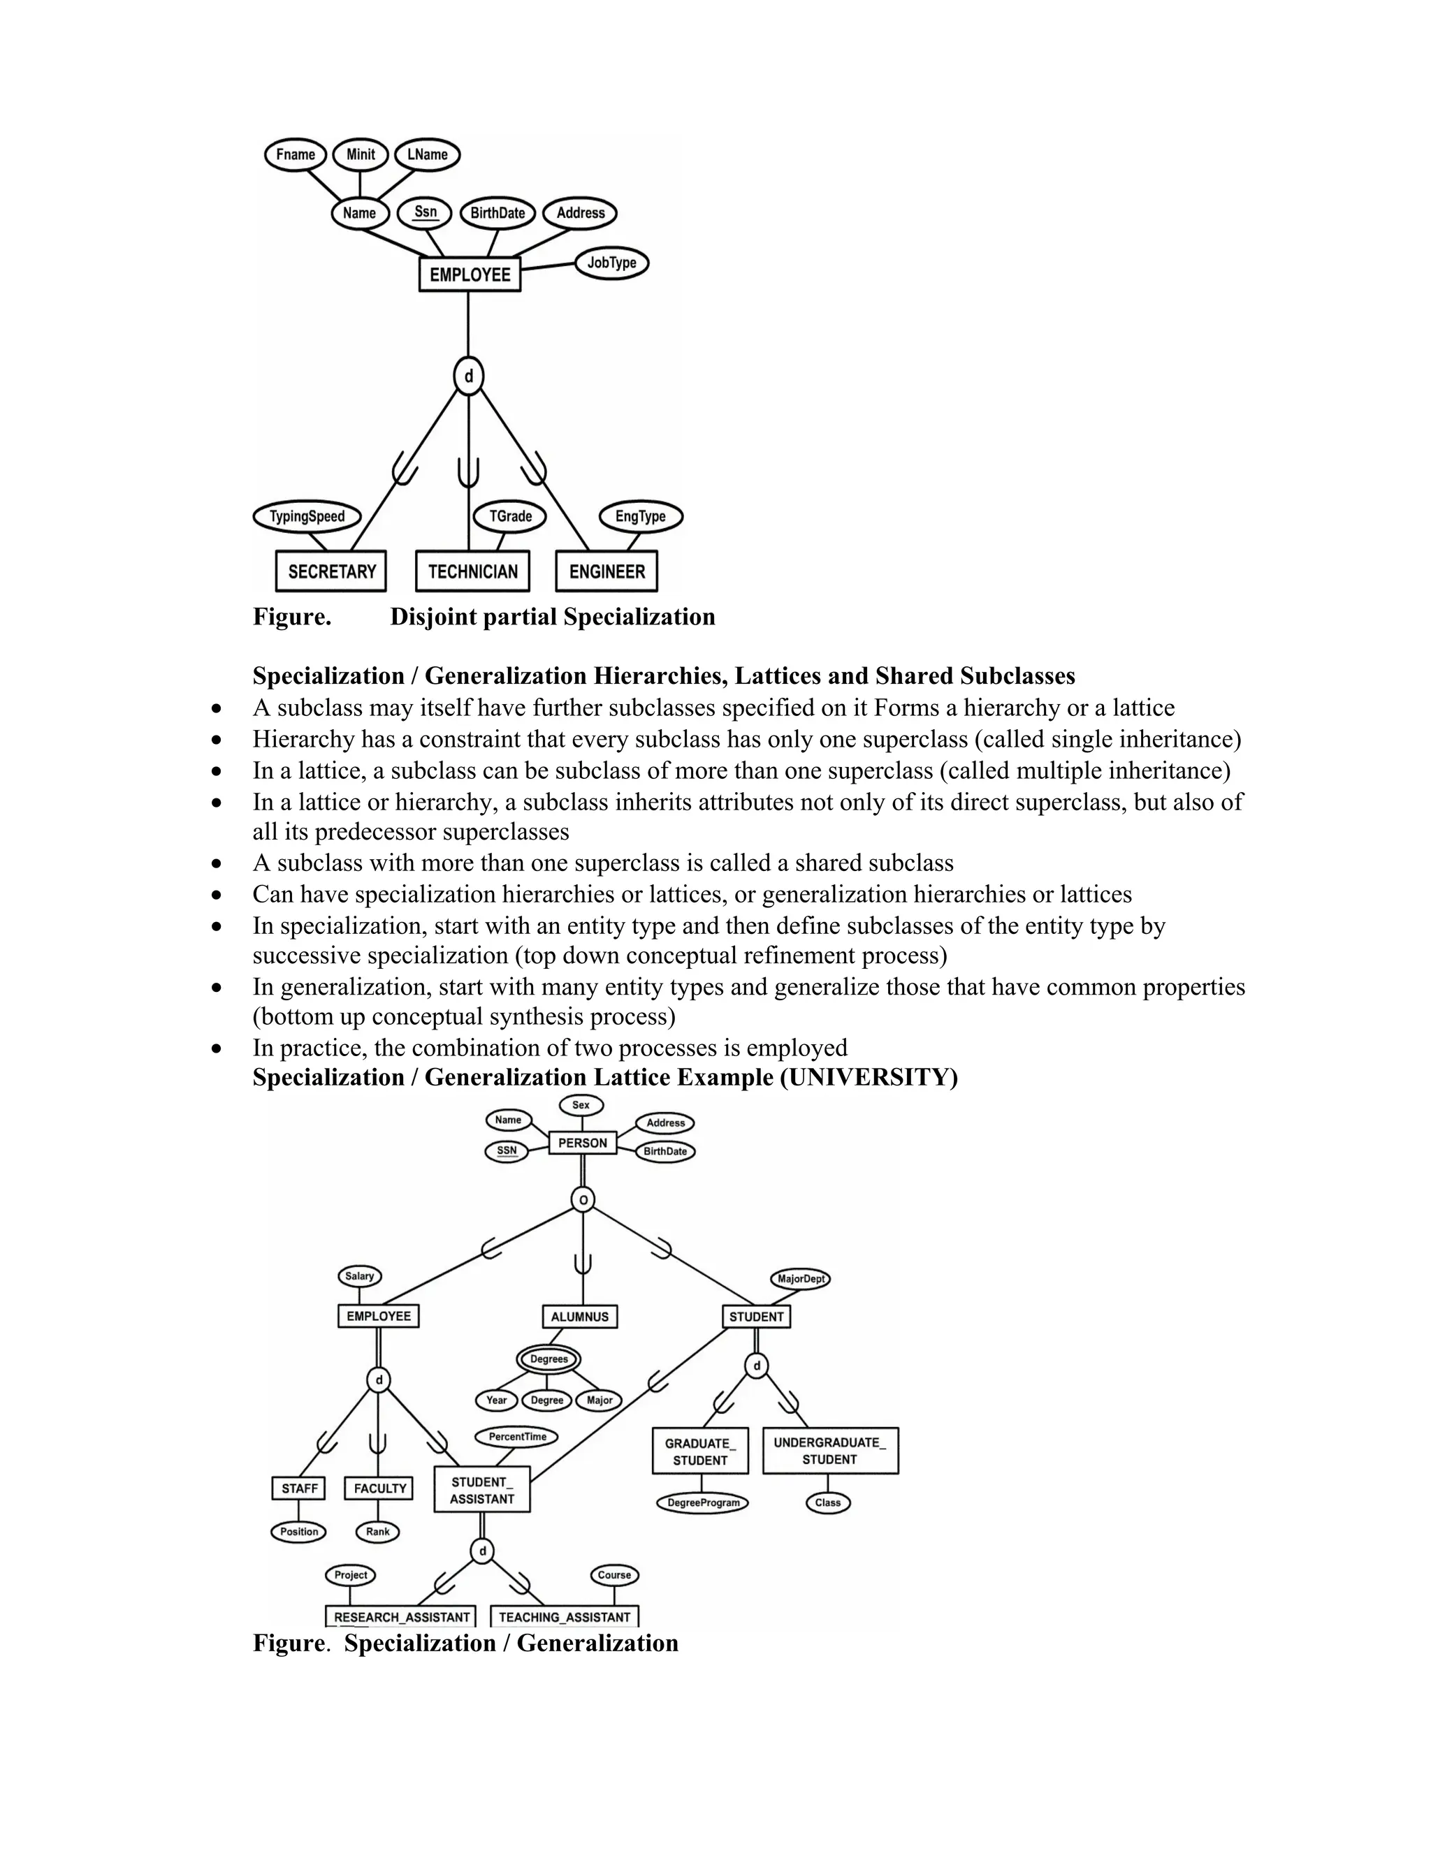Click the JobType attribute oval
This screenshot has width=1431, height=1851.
611,263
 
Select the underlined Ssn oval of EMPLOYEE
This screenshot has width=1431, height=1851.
425,213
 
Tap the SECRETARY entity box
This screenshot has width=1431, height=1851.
331,571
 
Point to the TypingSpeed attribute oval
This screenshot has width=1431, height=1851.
307,516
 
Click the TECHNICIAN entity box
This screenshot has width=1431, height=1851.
472,571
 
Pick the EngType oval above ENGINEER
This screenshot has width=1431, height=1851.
640,516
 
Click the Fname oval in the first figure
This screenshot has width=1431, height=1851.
295,155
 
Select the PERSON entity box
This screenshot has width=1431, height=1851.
583,1143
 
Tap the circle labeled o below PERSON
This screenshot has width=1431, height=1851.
583,1199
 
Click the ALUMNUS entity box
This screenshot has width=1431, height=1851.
580,1316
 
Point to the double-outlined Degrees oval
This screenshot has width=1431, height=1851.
549,1359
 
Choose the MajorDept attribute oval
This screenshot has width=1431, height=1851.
800,1278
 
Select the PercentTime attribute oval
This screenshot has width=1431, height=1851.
517,1437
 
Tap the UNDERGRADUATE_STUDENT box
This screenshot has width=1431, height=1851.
830,1450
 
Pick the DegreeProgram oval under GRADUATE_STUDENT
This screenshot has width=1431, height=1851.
703,1502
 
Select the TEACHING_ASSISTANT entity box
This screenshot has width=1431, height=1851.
564,1617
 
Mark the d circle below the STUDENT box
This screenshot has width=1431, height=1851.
756,1366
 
